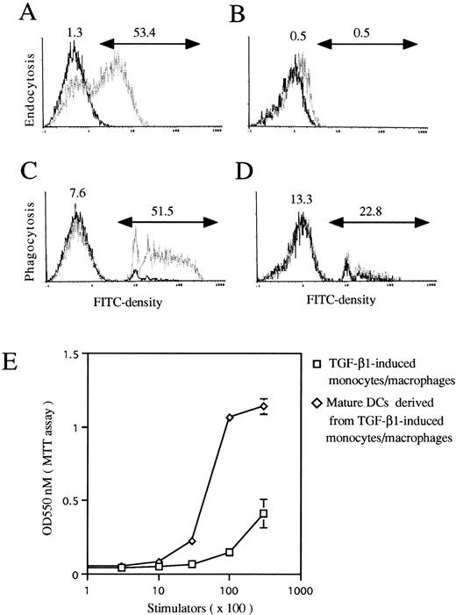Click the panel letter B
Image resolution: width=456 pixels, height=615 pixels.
click(246, 12)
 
